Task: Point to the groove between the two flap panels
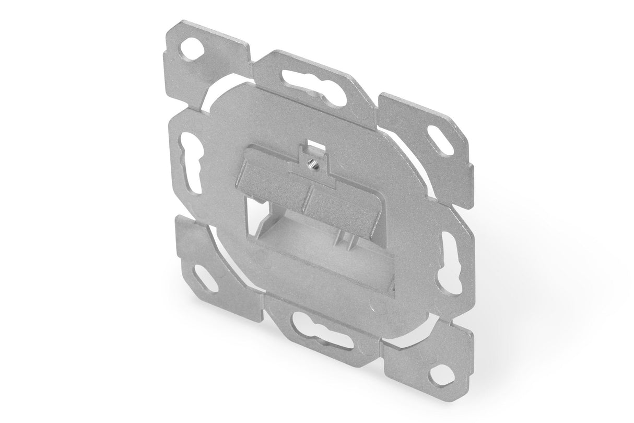309,193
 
